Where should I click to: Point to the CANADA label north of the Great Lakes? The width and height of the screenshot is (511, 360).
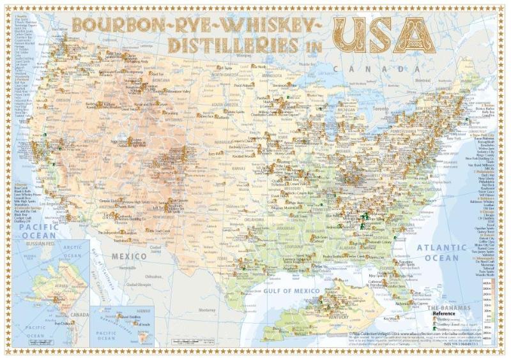click(378, 67)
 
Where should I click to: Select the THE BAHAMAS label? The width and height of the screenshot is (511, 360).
click(450, 308)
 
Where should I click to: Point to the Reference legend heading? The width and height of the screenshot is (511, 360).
click(445, 314)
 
